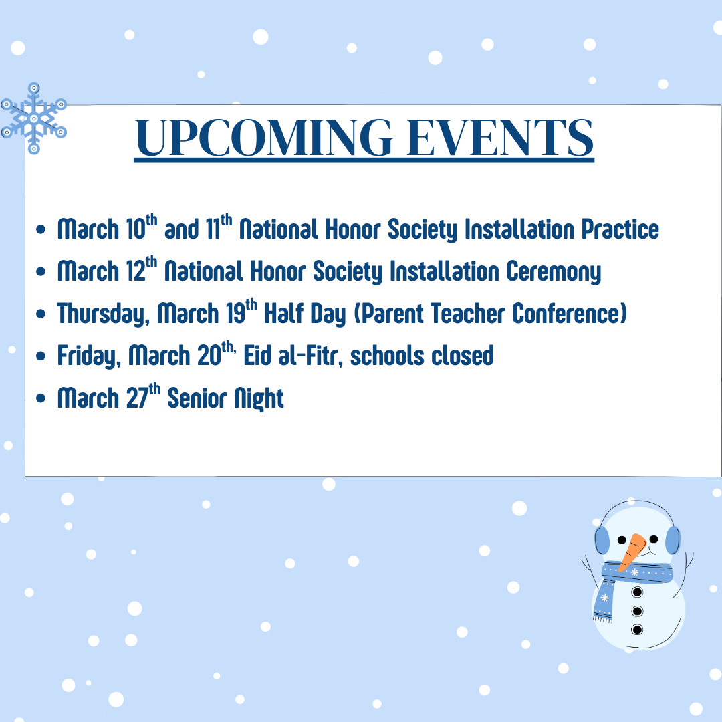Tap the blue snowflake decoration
click(33, 118)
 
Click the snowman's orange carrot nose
click(632, 552)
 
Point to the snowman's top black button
click(637, 592)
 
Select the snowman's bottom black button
click(637, 630)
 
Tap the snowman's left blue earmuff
click(602, 539)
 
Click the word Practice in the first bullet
click(620, 229)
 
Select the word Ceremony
click(554, 271)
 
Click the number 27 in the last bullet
click(137, 398)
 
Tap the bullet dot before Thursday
click(41, 314)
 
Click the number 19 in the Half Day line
click(235, 314)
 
